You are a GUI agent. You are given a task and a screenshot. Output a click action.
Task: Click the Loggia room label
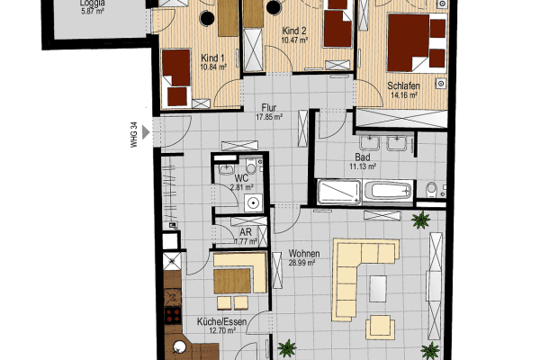(x=94, y=3)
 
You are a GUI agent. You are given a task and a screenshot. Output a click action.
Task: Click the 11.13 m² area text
(x=364, y=166)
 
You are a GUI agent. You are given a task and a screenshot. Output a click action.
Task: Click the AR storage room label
(x=245, y=231)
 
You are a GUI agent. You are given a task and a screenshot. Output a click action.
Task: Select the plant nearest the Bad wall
(x=418, y=219)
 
